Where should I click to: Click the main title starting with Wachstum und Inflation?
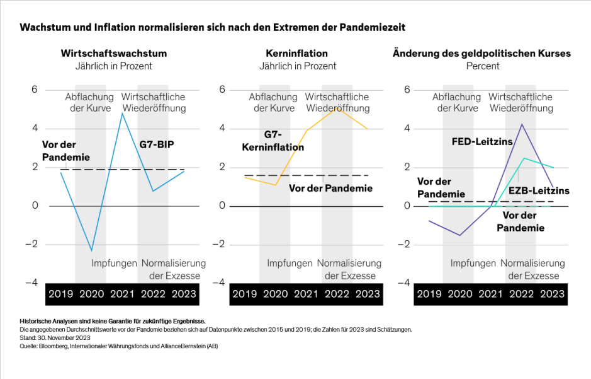pyautogui.click(x=213, y=28)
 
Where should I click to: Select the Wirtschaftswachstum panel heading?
pyautogui.click(x=114, y=54)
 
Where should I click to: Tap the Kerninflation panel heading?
pyautogui.click(x=297, y=54)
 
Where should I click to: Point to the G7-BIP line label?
pyautogui.click(x=157, y=144)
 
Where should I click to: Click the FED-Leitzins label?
pyautogui.click(x=482, y=142)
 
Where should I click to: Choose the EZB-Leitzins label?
pyautogui.click(x=539, y=190)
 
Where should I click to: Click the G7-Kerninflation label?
pyautogui.click(x=273, y=141)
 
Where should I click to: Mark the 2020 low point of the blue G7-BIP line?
pyautogui.click(x=92, y=250)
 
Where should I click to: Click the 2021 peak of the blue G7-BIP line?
pyautogui.click(x=122, y=113)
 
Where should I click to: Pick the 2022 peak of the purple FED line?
pyautogui.click(x=522, y=124)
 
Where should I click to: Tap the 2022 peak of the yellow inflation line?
pyautogui.click(x=337, y=108)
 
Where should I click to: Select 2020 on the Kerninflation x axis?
pyautogui.click(x=276, y=294)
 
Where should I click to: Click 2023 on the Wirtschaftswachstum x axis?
pyautogui.click(x=184, y=294)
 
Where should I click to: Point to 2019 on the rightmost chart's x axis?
pyautogui.click(x=429, y=294)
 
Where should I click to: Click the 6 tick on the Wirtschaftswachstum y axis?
pyautogui.click(x=35, y=90)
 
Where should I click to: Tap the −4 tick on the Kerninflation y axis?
pyautogui.click(x=220, y=283)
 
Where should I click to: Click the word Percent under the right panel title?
pyautogui.click(x=483, y=66)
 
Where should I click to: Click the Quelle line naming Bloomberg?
pyautogui.click(x=118, y=346)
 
